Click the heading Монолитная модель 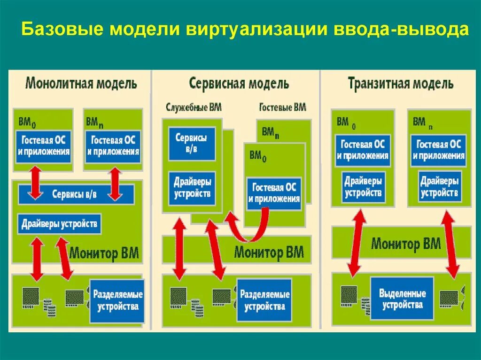click(81, 84)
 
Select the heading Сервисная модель click(239, 84)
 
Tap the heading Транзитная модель click(400, 84)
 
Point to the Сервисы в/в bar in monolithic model click(75, 194)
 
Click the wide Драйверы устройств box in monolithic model click(60, 224)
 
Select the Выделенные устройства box click(402, 299)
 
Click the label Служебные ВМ click(194, 107)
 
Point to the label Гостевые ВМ click(282, 107)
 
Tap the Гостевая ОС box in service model click(274, 193)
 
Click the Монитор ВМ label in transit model click(405, 244)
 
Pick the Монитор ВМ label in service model click(269, 252)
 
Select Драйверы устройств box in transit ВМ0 click(363, 187)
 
